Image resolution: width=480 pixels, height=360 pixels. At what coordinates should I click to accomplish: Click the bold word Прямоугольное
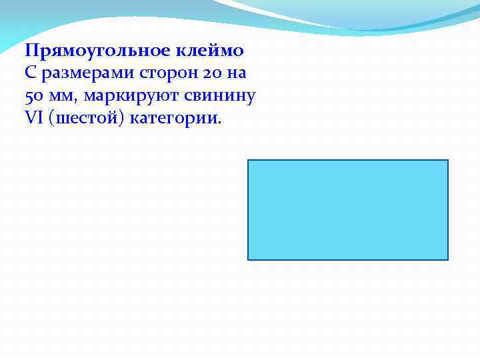100,51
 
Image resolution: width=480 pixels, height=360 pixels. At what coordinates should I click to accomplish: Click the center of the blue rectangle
348,210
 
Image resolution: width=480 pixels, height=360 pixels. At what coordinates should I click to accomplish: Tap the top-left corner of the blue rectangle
248,160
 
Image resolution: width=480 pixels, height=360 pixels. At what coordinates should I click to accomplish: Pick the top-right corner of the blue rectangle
448,160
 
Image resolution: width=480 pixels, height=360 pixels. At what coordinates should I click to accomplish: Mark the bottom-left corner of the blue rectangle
248,259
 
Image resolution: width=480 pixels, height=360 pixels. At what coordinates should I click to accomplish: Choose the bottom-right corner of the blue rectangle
448,259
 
